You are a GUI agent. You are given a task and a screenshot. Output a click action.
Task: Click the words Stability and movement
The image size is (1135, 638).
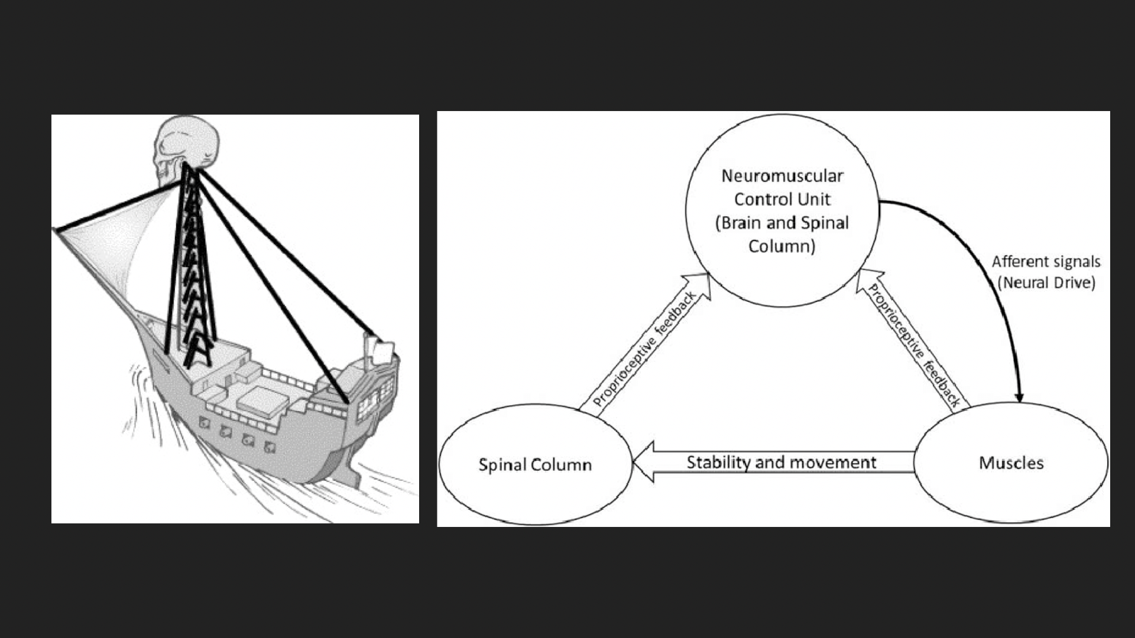click(781, 462)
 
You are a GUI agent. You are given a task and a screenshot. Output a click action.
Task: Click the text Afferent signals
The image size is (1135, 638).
click(1046, 262)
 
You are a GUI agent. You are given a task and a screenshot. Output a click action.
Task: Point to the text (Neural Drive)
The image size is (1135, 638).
click(1046, 282)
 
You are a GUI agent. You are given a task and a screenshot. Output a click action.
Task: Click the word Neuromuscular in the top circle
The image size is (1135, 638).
click(782, 176)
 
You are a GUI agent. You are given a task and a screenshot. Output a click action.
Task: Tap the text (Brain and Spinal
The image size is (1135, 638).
click(782, 223)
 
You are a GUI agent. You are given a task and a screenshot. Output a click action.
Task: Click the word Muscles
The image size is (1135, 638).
click(1011, 463)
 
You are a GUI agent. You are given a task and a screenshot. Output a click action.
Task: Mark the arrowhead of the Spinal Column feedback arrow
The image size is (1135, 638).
click(698, 284)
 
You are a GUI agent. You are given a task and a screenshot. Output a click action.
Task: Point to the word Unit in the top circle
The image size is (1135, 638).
click(816, 200)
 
